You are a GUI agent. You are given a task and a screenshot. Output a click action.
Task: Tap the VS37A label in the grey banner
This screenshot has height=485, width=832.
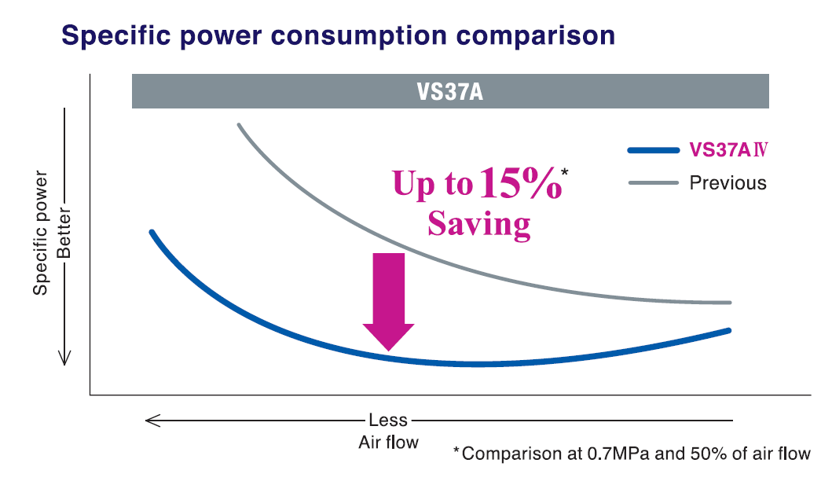[x=449, y=92]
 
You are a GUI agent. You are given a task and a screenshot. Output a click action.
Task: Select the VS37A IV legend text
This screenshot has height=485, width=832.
[x=728, y=149]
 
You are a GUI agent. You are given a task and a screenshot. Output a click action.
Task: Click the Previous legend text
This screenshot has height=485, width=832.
[x=728, y=183]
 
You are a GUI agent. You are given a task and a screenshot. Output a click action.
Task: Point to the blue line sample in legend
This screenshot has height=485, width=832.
[x=653, y=149]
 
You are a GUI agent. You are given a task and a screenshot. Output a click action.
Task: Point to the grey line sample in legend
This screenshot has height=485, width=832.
[x=653, y=183]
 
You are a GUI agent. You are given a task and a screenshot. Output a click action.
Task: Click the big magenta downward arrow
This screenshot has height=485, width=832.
[x=388, y=299]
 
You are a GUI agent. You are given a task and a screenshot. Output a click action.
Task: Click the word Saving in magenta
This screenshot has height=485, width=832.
[x=479, y=224]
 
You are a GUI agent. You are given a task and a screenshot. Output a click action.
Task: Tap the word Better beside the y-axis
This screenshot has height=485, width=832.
[x=64, y=233]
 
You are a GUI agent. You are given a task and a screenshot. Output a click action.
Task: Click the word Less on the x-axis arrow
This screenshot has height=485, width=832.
[x=388, y=421]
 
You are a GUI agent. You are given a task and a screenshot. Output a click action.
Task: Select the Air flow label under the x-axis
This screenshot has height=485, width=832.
[x=388, y=442]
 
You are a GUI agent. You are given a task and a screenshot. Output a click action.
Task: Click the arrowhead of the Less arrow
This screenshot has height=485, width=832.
[x=151, y=421]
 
